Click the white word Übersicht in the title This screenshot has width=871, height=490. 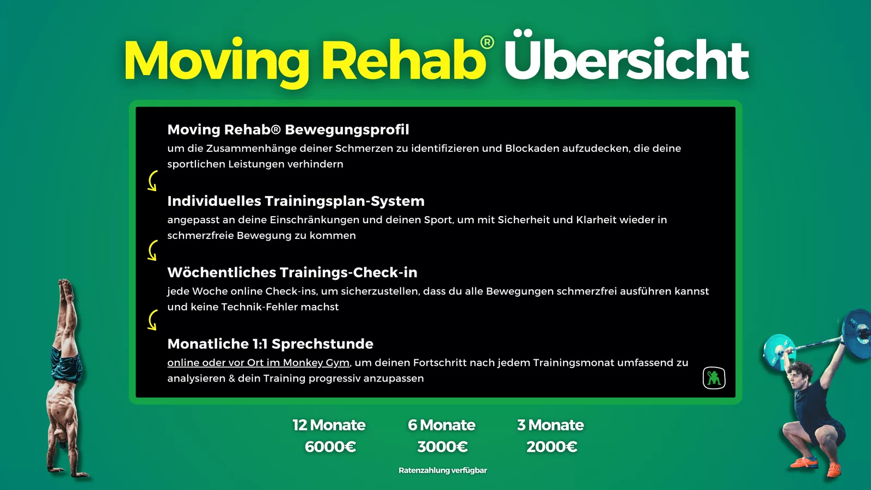pos(627,57)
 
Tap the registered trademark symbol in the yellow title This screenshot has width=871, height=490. pos(487,42)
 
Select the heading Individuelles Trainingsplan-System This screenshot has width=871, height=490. pos(296,201)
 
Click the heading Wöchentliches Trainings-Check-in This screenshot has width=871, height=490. pos(292,272)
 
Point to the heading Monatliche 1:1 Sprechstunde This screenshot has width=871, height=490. pos(270,344)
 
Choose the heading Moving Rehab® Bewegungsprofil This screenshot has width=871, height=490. pos(288,130)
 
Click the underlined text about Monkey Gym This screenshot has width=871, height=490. pos(258,363)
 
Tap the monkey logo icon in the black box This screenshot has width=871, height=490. pos(714,378)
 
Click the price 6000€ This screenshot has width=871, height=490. pos(330,447)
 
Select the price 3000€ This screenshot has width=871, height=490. pos(442,447)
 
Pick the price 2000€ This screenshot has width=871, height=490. pos(551,447)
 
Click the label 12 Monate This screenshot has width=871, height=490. pos(329,425)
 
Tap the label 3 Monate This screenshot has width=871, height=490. pos(550,425)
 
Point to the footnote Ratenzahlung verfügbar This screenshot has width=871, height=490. pos(443,470)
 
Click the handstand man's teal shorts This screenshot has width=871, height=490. pos(65,365)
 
